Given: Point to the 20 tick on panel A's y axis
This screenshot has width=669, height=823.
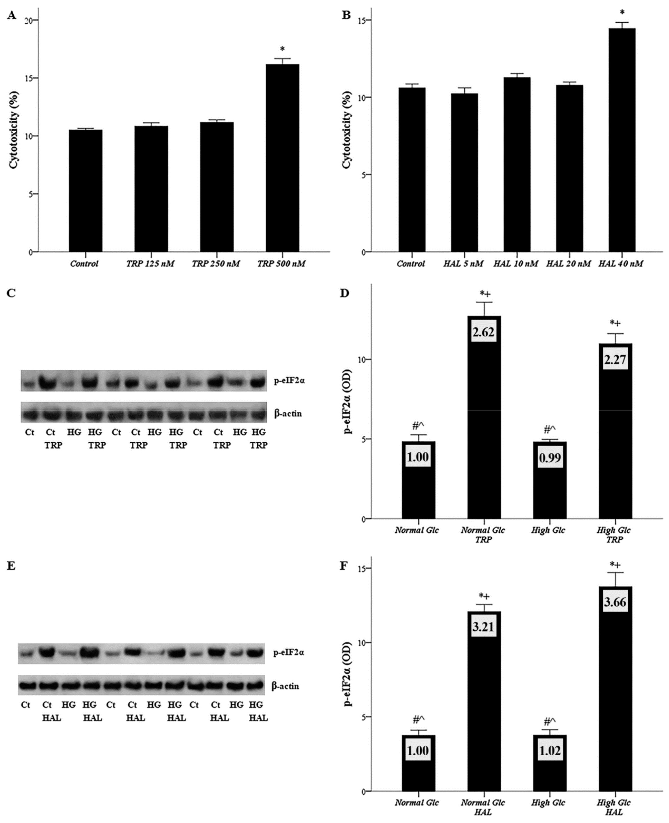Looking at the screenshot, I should [x=28, y=20].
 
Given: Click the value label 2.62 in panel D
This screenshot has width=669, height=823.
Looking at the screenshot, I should [x=484, y=332].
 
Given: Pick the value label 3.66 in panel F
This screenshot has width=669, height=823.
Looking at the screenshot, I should [x=615, y=602].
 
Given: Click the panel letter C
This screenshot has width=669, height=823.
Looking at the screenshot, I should [x=11, y=293].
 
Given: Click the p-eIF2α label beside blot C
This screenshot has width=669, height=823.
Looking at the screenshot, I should [x=289, y=381].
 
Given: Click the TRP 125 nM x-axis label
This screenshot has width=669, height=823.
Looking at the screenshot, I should [x=150, y=264].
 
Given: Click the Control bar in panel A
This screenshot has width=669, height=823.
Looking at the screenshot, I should [x=86, y=191].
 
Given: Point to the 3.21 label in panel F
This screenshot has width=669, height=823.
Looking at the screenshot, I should [x=483, y=627].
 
